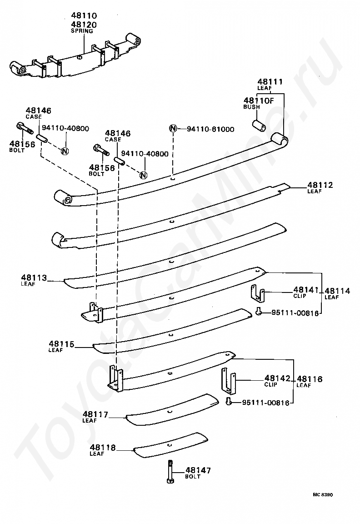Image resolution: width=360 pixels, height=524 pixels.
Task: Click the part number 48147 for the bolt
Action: click(x=199, y=470)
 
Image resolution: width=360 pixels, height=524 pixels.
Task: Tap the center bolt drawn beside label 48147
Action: click(x=170, y=473)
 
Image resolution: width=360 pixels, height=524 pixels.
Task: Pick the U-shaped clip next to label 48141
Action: click(x=257, y=293)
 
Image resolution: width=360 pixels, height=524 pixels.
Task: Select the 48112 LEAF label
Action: click(x=320, y=187)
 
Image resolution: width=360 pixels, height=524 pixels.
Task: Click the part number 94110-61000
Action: click(x=210, y=129)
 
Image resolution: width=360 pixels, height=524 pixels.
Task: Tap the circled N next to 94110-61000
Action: click(x=173, y=129)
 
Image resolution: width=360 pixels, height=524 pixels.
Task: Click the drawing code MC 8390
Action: click(x=322, y=494)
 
